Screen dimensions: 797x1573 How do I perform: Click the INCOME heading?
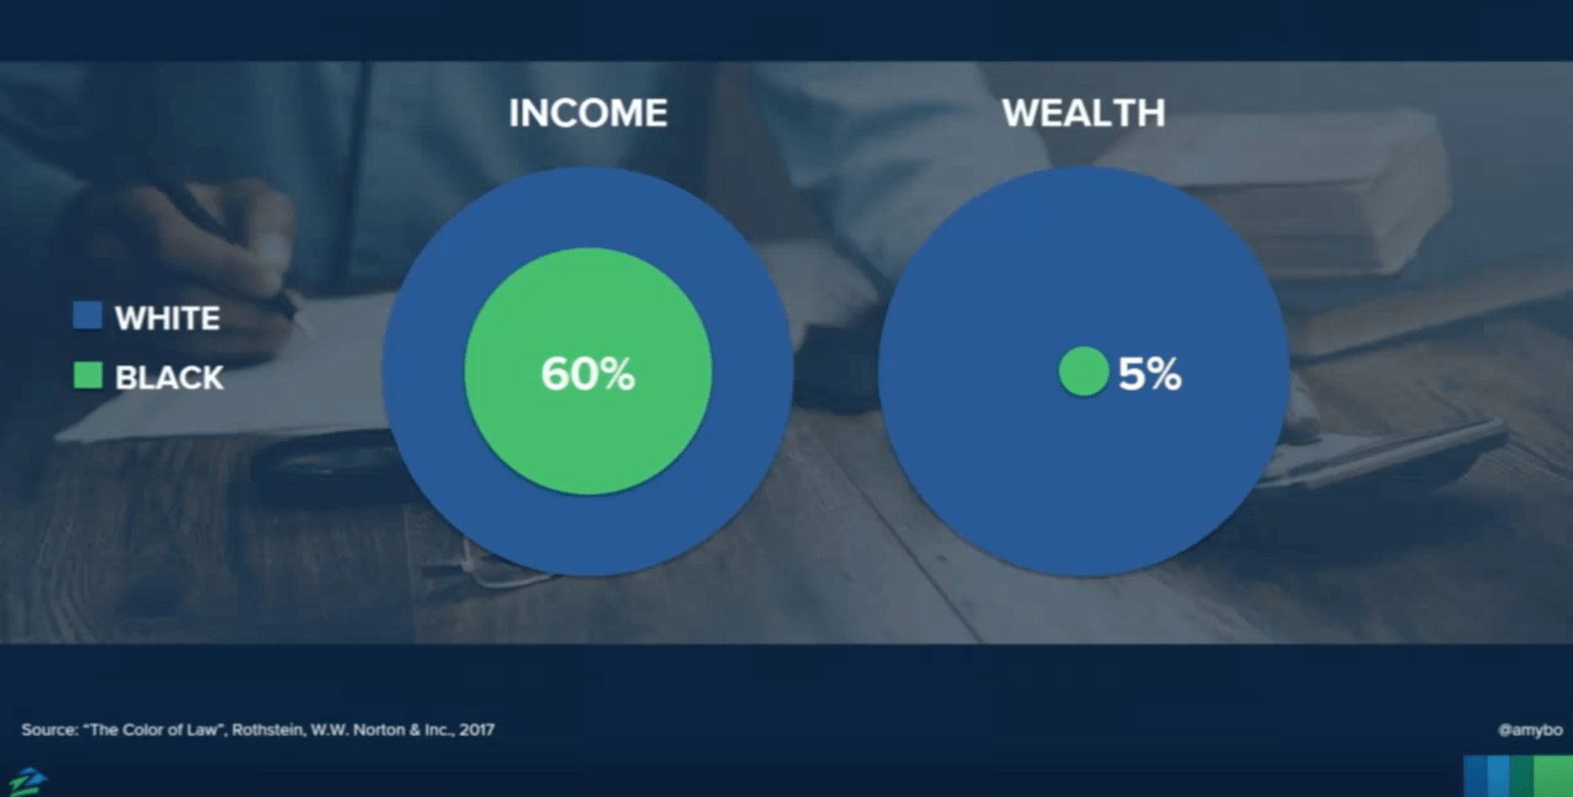(x=588, y=114)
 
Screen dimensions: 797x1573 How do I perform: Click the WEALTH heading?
(x=1083, y=114)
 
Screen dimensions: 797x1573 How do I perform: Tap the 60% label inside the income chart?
(x=588, y=373)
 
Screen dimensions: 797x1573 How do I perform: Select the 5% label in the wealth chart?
(x=1150, y=373)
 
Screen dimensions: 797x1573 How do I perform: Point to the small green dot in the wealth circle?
(x=1083, y=372)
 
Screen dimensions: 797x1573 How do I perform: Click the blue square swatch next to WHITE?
(x=88, y=316)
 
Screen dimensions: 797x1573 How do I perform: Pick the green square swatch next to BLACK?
(x=88, y=376)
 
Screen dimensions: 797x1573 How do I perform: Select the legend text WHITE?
(x=167, y=318)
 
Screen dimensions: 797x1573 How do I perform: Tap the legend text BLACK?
(x=169, y=377)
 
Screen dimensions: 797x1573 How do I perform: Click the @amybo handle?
(x=1530, y=730)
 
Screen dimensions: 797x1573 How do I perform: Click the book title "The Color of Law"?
(x=155, y=730)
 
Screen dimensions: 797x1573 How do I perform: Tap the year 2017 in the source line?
(x=477, y=730)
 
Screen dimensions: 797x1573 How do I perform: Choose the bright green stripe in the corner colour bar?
(x=1553, y=777)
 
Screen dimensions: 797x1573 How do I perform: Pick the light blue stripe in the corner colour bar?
(x=1498, y=777)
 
